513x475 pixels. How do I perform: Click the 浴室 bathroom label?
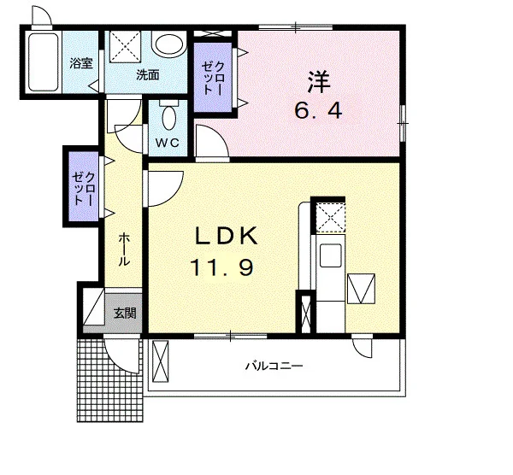click(x=81, y=63)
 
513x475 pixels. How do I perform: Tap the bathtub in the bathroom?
click(x=43, y=62)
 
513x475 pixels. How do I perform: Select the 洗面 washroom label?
click(x=148, y=75)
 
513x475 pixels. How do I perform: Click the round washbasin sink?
click(x=168, y=46)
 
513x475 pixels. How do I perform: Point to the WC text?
click(x=168, y=143)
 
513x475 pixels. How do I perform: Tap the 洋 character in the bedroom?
click(x=319, y=82)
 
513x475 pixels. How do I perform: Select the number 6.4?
click(x=318, y=111)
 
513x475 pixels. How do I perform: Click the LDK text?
click(x=227, y=236)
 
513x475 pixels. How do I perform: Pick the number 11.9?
click(x=221, y=267)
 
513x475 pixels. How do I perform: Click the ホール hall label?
click(x=124, y=249)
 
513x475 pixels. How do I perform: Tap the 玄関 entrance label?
click(x=125, y=314)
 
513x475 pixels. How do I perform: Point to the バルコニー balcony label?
click(x=274, y=366)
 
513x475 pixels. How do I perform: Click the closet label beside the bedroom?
click(x=213, y=78)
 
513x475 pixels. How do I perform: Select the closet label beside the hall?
click(x=84, y=188)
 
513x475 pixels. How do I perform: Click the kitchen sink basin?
click(x=330, y=255)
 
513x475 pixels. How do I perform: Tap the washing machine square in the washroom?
click(x=125, y=46)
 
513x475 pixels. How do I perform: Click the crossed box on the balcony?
click(x=161, y=361)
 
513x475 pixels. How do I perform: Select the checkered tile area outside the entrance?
click(x=110, y=380)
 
